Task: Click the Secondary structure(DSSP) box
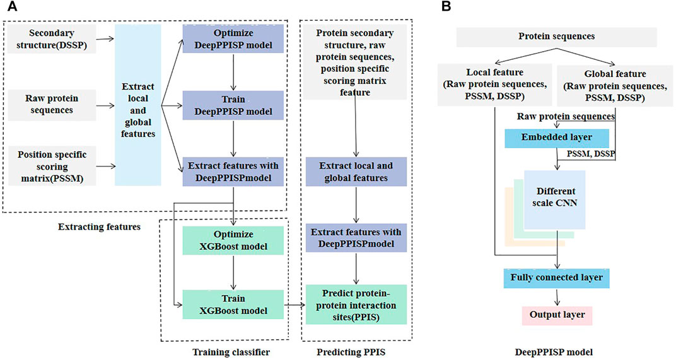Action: (52, 39)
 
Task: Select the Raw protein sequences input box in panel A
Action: (52, 104)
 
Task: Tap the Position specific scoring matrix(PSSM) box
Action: (52, 166)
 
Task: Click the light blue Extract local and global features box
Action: (138, 105)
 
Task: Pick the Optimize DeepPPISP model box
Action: (233, 39)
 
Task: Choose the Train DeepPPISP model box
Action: (233, 105)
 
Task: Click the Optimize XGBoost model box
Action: (233, 241)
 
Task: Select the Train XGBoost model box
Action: (233, 305)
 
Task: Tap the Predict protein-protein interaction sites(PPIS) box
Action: (356, 305)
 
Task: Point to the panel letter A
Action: (13, 7)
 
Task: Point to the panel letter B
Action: (446, 7)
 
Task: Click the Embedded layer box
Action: (557, 137)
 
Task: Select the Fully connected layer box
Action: (557, 278)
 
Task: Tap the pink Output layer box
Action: (557, 315)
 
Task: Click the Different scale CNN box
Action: (555, 199)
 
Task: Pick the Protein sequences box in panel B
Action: (556, 37)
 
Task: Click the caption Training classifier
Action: (231, 352)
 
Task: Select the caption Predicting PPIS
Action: (351, 352)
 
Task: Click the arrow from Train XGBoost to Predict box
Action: (295, 305)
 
